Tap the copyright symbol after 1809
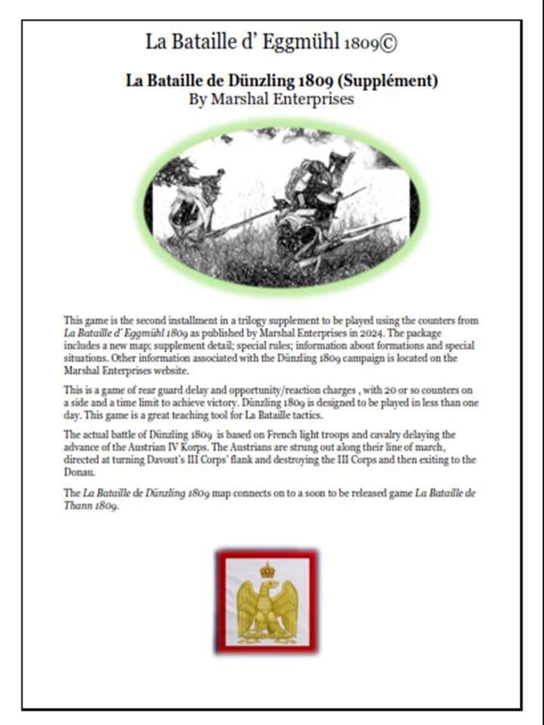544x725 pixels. point(388,43)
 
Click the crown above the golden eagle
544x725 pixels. point(267,569)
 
